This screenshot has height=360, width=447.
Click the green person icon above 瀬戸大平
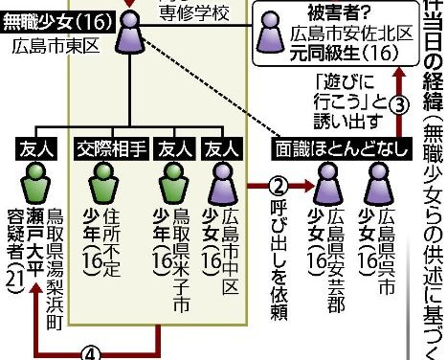(x=36, y=180)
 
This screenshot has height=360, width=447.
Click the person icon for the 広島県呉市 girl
(x=385, y=179)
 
